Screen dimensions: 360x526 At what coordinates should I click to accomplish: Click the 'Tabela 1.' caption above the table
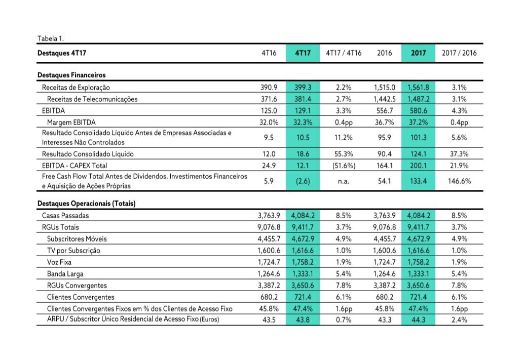pyautogui.click(x=51, y=38)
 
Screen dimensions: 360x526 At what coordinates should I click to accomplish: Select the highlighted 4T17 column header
pyautogui.click(x=302, y=53)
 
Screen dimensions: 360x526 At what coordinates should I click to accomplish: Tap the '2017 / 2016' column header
pyautogui.click(x=459, y=53)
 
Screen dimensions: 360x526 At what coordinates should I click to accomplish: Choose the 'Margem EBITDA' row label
pyautogui.click(x=71, y=122)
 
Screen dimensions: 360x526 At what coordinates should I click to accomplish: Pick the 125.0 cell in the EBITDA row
pyautogui.click(x=269, y=110)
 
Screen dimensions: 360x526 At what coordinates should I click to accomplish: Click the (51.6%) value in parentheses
pyautogui.click(x=343, y=165)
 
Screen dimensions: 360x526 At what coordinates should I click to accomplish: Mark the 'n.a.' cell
pyautogui.click(x=343, y=181)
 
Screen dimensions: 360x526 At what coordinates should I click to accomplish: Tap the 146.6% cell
pyautogui.click(x=459, y=181)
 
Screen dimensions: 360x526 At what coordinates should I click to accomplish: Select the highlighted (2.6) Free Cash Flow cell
pyautogui.click(x=302, y=181)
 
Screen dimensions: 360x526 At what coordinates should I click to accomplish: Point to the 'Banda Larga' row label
pyautogui.click(x=64, y=273)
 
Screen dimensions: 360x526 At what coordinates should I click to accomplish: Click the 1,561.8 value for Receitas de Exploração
pyautogui.click(x=419, y=87)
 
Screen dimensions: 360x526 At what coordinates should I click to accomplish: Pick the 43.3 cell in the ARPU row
pyautogui.click(x=385, y=319)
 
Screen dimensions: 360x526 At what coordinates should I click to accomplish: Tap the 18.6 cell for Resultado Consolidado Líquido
pyautogui.click(x=303, y=153)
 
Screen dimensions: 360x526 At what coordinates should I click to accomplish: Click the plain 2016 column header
pyautogui.click(x=385, y=53)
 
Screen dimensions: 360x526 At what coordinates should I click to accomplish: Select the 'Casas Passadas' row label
pyautogui.click(x=65, y=215)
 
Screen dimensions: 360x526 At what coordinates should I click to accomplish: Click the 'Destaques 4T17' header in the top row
pyautogui.click(x=59, y=53)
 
